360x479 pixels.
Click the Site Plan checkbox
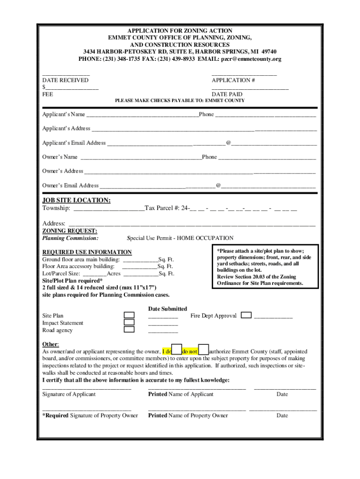(129, 315)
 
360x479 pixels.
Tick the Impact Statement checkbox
(129, 322)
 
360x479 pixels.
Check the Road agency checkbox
(129, 329)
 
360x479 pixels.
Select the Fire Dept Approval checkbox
(246, 315)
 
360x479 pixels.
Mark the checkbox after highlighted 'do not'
(203, 351)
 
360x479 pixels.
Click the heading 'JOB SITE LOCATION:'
(77, 200)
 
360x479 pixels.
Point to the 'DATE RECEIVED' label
(65, 80)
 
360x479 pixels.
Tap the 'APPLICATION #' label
(233, 80)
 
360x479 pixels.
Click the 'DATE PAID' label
(227, 94)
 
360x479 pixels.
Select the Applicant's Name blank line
(142, 115)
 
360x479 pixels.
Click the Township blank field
(108, 208)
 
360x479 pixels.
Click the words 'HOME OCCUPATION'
(209, 238)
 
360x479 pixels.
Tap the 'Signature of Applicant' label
(69, 394)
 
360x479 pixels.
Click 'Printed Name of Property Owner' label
(188, 415)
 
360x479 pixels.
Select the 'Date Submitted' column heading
(167, 309)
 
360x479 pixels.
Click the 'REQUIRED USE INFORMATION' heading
(87, 252)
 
